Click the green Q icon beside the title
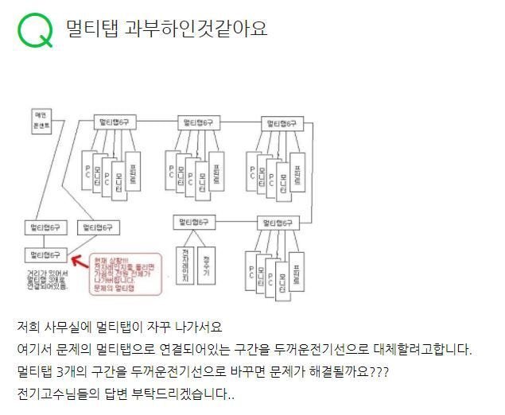[34, 30]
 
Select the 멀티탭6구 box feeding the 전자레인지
[194, 222]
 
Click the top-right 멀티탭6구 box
[282, 123]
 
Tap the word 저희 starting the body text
[29, 328]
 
